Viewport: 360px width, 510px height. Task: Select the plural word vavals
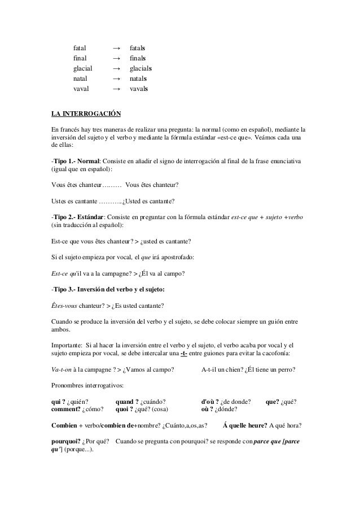(139, 89)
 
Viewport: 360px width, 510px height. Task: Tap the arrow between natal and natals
(116, 79)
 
